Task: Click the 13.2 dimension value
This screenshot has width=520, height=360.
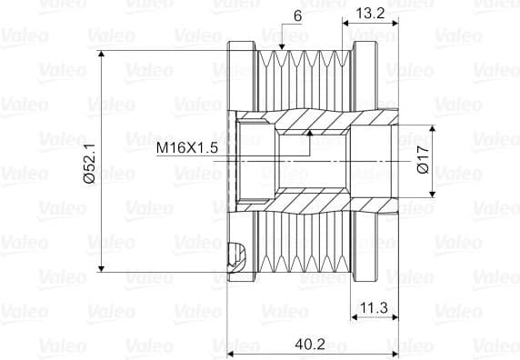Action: (x=370, y=14)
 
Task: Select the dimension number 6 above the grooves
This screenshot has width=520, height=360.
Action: (x=298, y=16)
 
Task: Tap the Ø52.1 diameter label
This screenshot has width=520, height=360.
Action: (x=89, y=163)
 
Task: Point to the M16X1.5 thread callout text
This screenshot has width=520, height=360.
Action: (x=187, y=148)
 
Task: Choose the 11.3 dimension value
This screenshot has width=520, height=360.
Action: (x=374, y=308)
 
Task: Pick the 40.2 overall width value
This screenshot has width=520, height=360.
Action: (x=310, y=344)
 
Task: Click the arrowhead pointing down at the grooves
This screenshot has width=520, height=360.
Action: (x=282, y=46)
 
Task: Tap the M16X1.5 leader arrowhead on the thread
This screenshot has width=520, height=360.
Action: (x=310, y=134)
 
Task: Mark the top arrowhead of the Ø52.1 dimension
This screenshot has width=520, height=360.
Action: (x=102, y=55)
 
